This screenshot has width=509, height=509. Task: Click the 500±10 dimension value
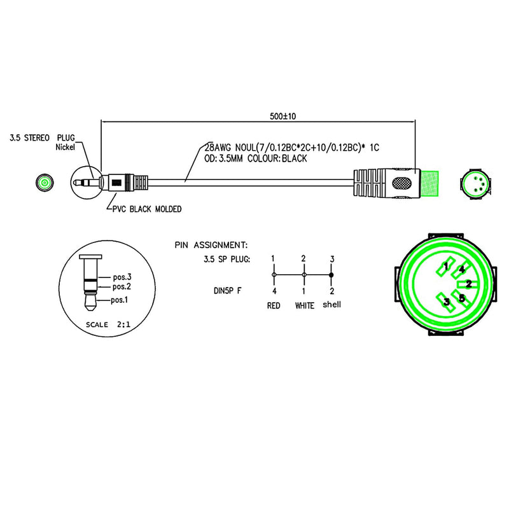coord(282,116)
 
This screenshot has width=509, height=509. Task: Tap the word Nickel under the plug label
coord(66,147)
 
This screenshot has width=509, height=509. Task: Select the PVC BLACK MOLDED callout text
coord(147,209)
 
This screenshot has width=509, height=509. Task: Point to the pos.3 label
coord(122,277)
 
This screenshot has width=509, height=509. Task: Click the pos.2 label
coord(122,287)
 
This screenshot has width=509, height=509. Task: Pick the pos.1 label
coord(120,300)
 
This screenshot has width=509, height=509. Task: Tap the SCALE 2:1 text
coord(108,324)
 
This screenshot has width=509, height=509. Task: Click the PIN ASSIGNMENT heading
coord(211,245)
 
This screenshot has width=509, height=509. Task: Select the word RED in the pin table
coord(274,305)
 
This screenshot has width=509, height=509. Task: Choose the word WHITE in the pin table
coord(305,305)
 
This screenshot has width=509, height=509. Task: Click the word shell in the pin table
coord(331,305)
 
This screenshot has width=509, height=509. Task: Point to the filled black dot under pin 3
coord(331,275)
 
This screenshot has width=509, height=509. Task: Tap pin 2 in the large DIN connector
coord(468,284)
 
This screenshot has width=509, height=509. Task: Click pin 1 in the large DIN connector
coord(445,267)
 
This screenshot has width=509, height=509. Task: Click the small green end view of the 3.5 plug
coord(45,183)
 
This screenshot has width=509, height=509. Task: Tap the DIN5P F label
coord(228,291)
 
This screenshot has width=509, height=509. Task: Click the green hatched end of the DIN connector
coord(429,183)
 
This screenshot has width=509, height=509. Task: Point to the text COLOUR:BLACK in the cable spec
coord(277,158)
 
